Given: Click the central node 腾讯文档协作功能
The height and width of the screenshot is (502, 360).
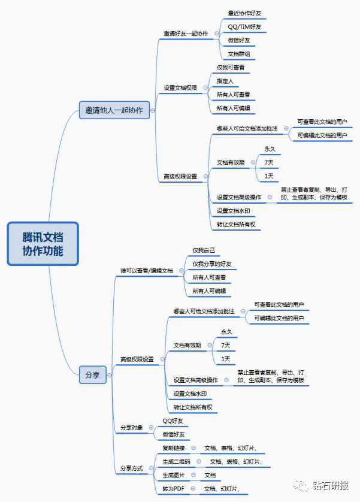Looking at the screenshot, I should [43, 243].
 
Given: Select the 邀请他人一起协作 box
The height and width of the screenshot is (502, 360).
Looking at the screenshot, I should [114, 110].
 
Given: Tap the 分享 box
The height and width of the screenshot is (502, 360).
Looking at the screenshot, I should [92, 375].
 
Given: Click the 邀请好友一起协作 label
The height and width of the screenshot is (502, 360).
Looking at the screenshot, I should [186, 34].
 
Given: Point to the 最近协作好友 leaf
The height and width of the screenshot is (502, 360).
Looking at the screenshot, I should [244, 13].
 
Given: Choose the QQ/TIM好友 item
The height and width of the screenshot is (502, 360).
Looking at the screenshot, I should [244, 27].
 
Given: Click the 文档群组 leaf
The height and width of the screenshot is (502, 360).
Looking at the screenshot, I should [239, 55].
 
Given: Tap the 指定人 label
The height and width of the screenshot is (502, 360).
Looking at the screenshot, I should [225, 81].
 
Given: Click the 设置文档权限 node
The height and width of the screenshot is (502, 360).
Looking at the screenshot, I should [181, 88].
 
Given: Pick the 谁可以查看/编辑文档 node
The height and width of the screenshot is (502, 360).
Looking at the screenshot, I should [146, 271].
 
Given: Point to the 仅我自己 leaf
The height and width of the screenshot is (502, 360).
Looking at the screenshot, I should [204, 250].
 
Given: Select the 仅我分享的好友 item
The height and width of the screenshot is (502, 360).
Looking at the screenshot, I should [211, 264].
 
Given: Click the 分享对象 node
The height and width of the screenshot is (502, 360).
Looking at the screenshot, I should [132, 428].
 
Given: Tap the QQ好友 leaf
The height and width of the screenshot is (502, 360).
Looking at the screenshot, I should [173, 421].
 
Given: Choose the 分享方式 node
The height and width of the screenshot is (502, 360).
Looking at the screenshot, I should [132, 468].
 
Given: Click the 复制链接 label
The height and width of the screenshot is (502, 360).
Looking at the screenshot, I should [174, 447].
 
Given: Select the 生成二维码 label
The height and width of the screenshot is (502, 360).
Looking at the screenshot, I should [176, 461].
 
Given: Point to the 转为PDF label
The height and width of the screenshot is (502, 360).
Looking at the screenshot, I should [173, 489].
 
